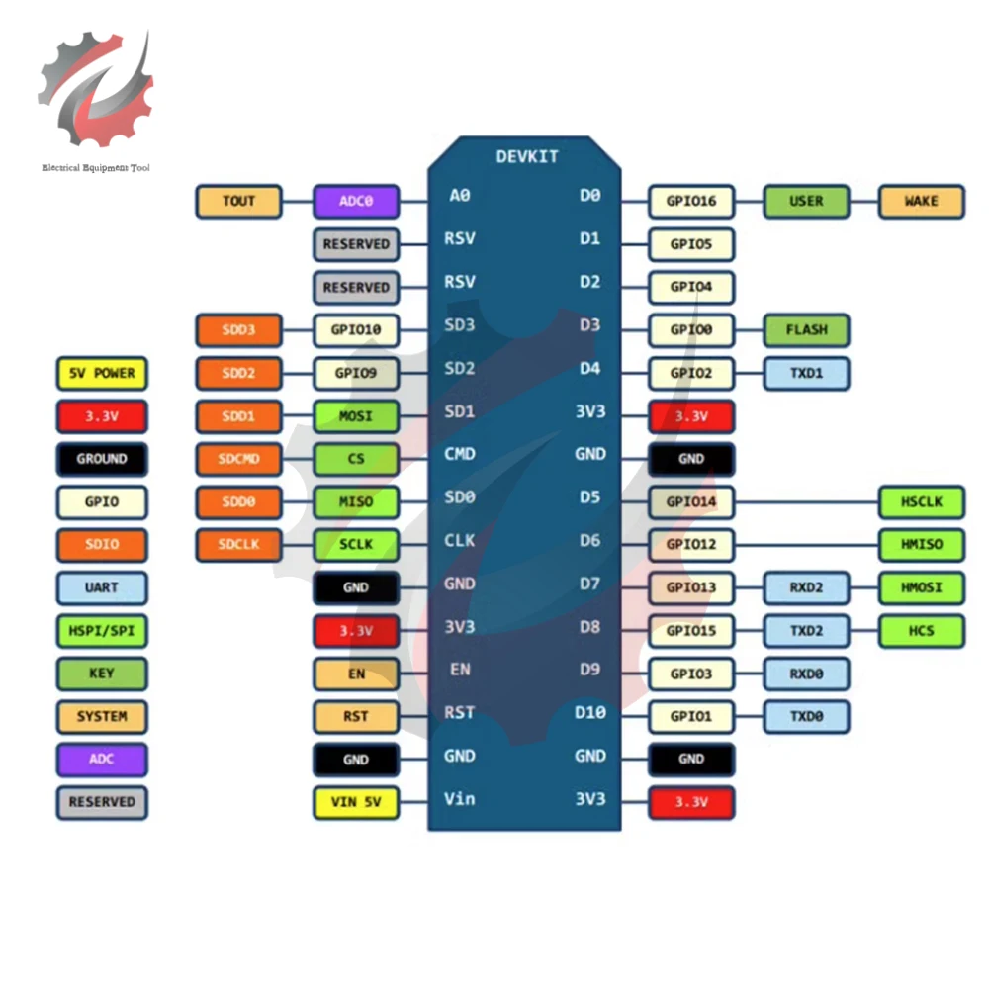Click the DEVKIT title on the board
527,157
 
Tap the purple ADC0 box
356,202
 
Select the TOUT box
238,202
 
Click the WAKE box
921,202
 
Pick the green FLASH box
806,330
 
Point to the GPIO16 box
691,202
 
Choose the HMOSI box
921,587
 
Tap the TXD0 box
806,716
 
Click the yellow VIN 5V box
356,802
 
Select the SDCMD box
238,459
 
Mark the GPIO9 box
356,374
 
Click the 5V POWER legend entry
101,374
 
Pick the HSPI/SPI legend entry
101,630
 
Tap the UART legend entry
101,587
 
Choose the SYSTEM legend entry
101,716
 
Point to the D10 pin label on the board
589,713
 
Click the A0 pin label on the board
460,196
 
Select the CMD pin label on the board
460,454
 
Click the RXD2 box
806,587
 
